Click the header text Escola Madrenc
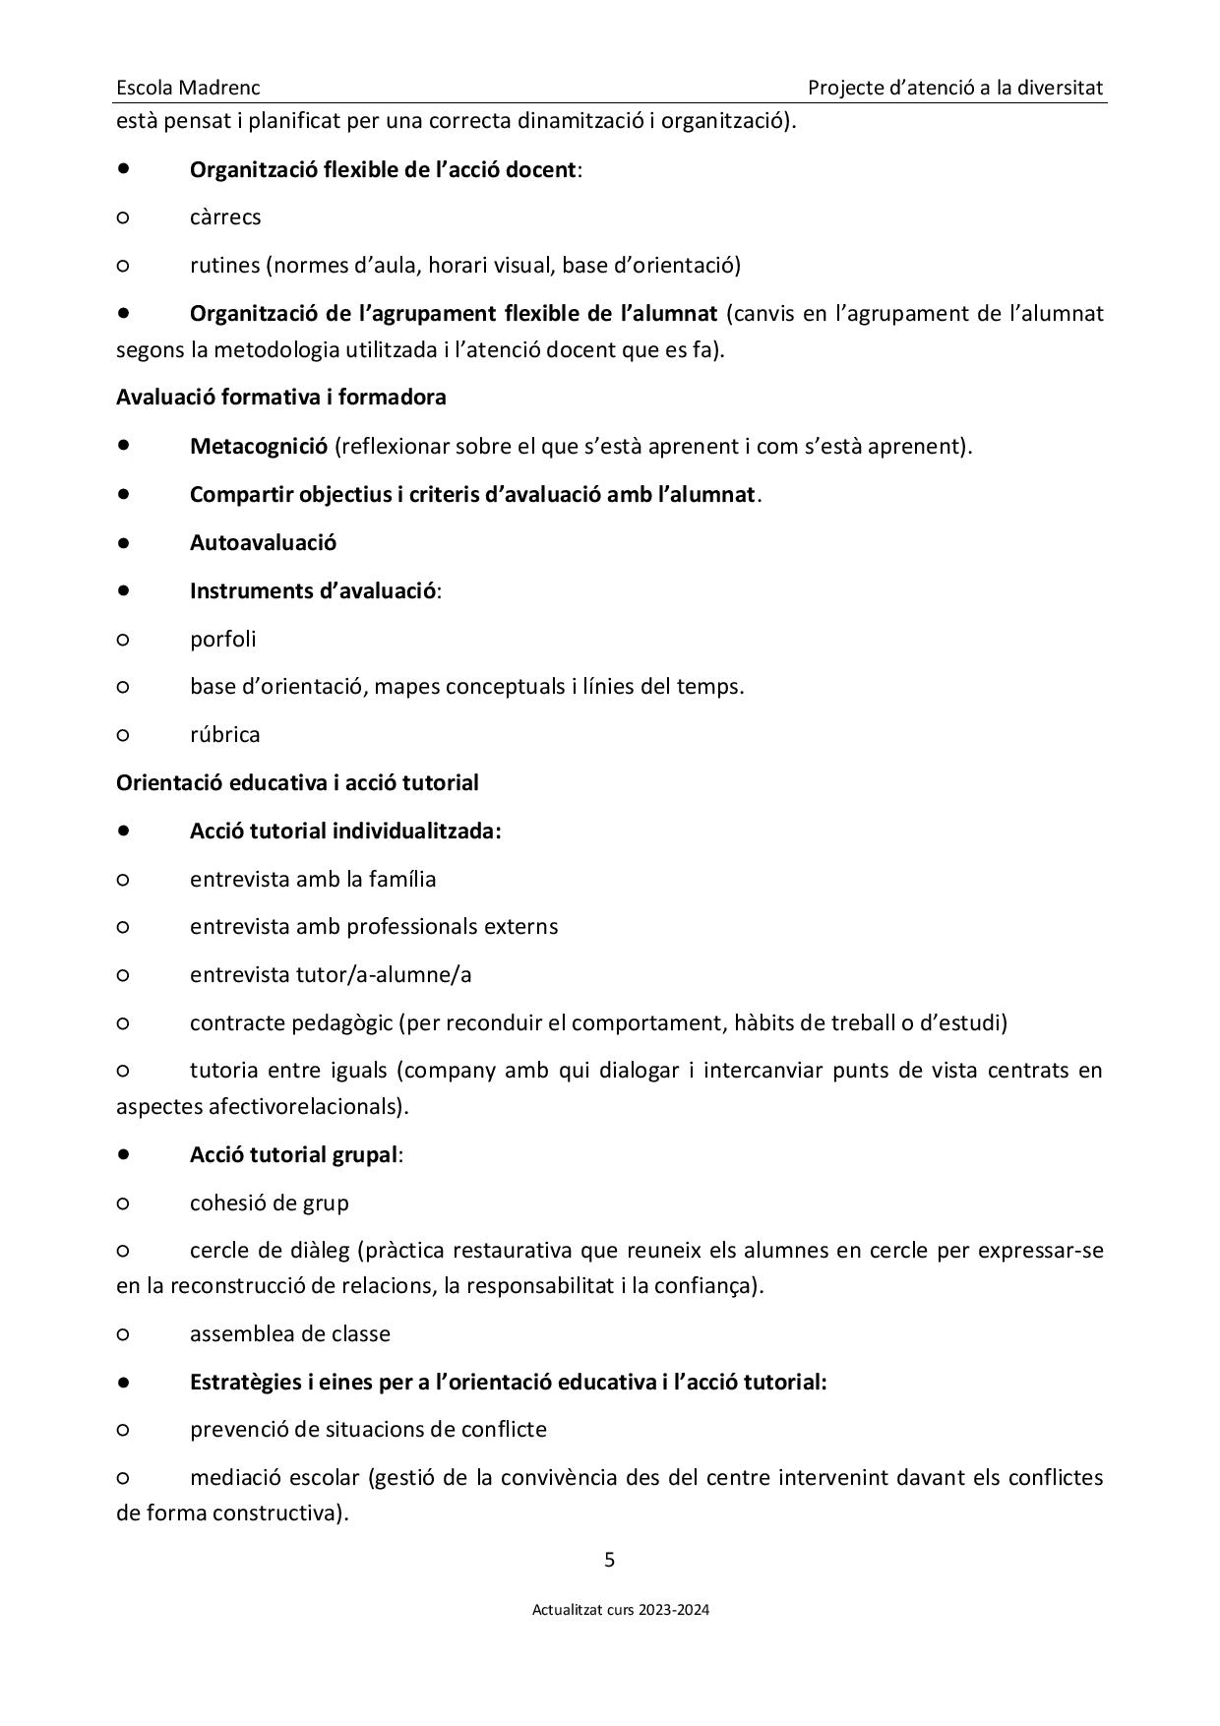click(x=188, y=88)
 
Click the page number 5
click(x=610, y=1559)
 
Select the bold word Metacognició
click(x=258, y=446)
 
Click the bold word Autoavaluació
click(x=263, y=542)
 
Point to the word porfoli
click(x=222, y=639)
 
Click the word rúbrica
click(x=224, y=734)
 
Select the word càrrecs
click(x=225, y=216)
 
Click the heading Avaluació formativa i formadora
click(x=280, y=397)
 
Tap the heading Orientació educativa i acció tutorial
click(x=297, y=782)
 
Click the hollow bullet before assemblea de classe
click(x=123, y=1334)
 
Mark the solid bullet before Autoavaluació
click(x=123, y=542)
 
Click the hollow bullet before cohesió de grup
click(x=123, y=1203)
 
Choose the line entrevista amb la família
click(x=313, y=879)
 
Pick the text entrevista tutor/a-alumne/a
click(x=331, y=974)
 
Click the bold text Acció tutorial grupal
click(x=293, y=1154)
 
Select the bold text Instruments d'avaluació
click(x=313, y=590)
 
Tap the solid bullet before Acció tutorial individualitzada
click(x=123, y=831)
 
